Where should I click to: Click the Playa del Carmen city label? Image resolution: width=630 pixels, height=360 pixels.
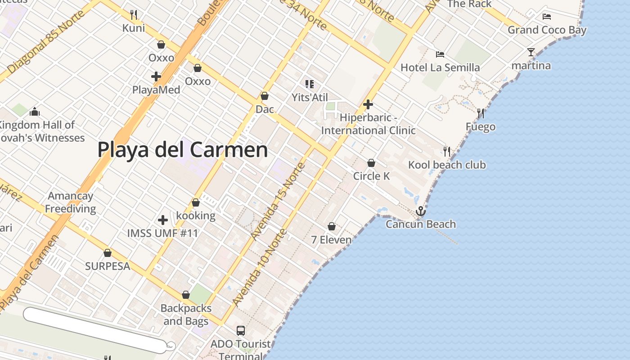182,150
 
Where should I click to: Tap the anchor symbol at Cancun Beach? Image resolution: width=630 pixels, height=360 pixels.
420,211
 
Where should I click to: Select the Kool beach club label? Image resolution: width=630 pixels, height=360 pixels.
447,165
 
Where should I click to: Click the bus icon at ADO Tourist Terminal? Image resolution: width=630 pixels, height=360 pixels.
241,331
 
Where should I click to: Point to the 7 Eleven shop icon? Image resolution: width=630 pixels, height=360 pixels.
332,226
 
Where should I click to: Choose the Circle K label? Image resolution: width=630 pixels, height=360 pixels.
371,176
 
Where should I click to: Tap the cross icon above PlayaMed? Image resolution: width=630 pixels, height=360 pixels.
156,76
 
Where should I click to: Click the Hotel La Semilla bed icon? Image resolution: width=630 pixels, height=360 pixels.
440,54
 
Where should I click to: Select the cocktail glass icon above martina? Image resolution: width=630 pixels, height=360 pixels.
531,52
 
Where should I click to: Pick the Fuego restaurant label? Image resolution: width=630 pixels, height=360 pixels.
481,127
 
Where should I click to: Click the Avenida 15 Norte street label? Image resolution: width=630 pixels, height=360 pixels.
278,201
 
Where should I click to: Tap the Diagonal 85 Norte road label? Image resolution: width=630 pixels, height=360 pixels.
46,41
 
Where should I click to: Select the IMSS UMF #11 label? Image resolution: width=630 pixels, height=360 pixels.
162,233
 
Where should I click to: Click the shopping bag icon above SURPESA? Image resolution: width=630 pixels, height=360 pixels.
108,253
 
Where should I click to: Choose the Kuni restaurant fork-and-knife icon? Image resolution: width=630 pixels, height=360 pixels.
134,15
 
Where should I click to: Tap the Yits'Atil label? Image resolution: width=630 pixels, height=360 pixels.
310,97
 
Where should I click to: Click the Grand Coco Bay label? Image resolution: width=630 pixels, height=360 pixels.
547,30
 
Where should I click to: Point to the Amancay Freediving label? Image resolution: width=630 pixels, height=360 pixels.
70,202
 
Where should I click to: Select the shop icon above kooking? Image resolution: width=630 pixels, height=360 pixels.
196,203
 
